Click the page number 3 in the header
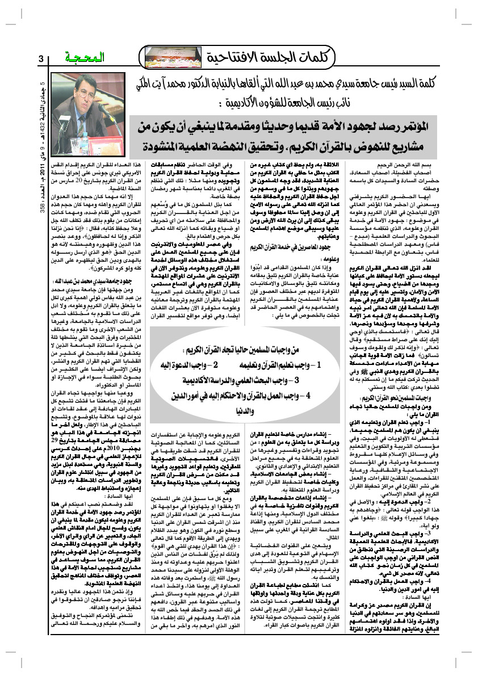coord(41,59)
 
